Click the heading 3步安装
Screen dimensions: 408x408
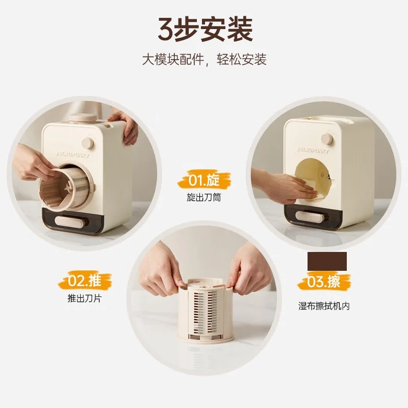pyautogui.click(x=204, y=30)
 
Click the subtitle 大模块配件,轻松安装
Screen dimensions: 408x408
pyautogui.click(x=204, y=60)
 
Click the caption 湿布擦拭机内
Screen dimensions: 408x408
pyautogui.click(x=324, y=307)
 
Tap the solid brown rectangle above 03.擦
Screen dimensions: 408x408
pyautogui.click(x=327, y=262)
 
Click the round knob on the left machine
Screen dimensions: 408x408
pyautogui.click(x=88, y=142)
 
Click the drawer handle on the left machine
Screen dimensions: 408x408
pyautogui.click(x=69, y=221)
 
